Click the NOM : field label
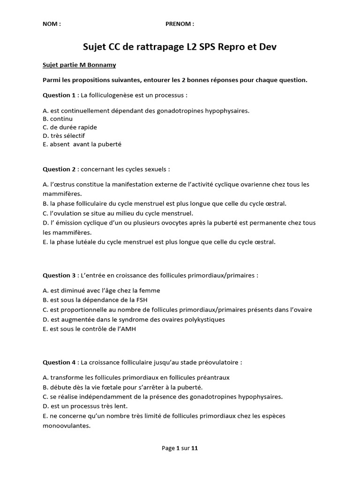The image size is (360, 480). pyautogui.click(x=52, y=24)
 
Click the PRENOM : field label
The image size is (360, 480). pyautogui.click(x=180, y=24)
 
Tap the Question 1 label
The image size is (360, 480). pyautogui.click(x=59, y=95)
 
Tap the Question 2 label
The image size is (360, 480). pyautogui.click(x=59, y=169)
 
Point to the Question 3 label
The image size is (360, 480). pyautogui.click(x=59, y=275)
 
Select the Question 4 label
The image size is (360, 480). pyautogui.click(x=59, y=362)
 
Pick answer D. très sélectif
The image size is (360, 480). pyautogui.click(x=64, y=136)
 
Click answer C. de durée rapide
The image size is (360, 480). pyautogui.click(x=70, y=127)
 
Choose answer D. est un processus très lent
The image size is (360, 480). pyautogui.click(x=85, y=406)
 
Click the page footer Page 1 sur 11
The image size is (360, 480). pyautogui.click(x=180, y=448)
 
